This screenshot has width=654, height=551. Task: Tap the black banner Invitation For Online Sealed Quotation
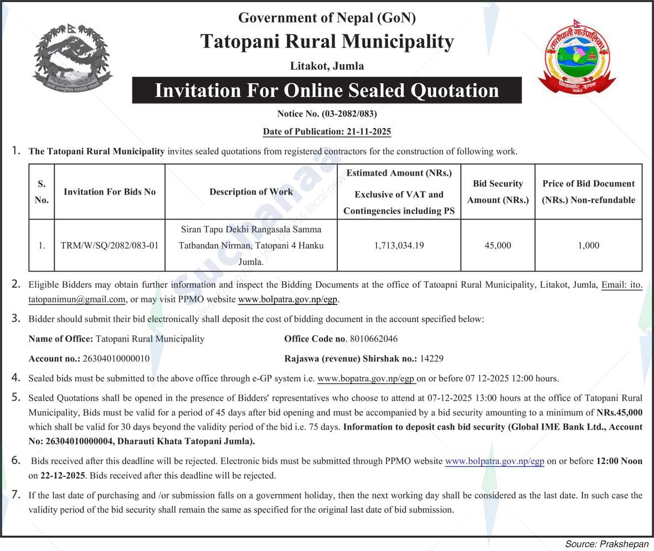tap(327, 90)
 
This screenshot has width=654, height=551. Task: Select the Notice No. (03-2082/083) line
tap(327, 114)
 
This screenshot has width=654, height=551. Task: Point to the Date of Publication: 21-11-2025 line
tap(327, 131)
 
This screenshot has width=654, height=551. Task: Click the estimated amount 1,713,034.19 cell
tap(399, 245)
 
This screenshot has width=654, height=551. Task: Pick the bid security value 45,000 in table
tap(497, 245)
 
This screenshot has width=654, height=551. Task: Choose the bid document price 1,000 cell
tap(588, 245)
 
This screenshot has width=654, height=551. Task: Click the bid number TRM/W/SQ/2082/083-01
tap(110, 245)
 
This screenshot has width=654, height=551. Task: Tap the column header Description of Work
tap(251, 192)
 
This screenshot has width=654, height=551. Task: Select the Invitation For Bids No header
tap(110, 192)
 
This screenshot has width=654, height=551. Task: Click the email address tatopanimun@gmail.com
tap(77, 300)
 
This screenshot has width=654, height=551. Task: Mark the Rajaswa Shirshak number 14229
tap(432, 359)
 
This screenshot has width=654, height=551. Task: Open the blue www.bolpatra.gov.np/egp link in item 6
tap(495, 461)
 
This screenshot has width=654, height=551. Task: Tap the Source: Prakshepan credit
tap(606, 544)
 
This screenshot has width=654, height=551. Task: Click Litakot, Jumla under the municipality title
tap(327, 66)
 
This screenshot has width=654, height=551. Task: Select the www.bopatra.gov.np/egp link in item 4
tap(366, 379)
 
